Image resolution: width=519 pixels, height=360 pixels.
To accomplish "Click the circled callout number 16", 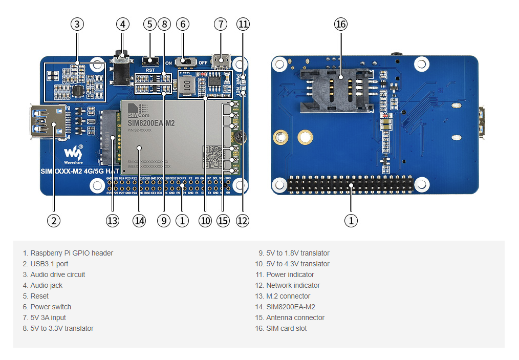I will (x=341, y=24).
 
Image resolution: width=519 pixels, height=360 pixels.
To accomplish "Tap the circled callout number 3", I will (x=77, y=24).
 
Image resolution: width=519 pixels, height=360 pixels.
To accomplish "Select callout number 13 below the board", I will (x=113, y=221).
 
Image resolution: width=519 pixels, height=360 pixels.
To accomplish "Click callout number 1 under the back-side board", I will (x=351, y=221).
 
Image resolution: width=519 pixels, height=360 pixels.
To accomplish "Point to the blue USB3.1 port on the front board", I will (x=48, y=122).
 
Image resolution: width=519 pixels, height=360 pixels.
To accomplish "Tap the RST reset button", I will (x=150, y=62).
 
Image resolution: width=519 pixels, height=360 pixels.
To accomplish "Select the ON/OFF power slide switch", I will (x=186, y=62).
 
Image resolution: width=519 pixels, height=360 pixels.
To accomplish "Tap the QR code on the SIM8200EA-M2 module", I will (x=213, y=153).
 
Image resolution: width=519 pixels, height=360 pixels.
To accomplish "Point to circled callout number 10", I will (x=205, y=221).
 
